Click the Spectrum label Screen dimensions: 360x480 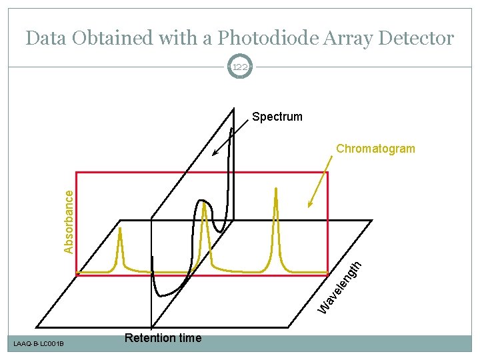click(277, 117)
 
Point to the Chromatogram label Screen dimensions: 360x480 click(375, 149)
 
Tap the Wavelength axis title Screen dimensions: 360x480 click(340, 287)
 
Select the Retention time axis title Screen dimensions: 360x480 click(163, 338)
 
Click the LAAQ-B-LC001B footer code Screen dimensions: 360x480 click(39, 344)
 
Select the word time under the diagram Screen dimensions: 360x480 click(189, 338)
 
